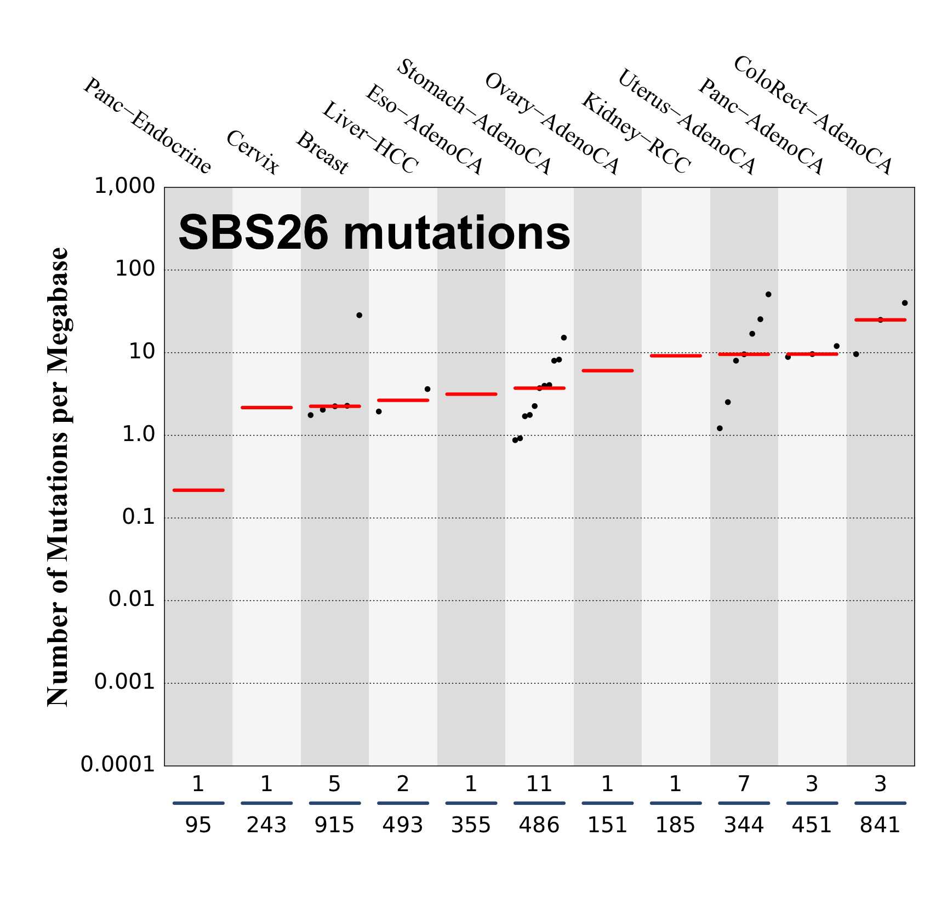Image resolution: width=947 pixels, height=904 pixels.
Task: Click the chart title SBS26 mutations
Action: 374,233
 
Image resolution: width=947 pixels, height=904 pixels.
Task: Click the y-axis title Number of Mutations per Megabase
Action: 58,477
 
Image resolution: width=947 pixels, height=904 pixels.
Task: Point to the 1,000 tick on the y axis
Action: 125,186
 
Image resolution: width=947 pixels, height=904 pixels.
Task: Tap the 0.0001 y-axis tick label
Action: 118,764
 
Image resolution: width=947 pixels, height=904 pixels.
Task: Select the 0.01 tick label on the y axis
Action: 132,599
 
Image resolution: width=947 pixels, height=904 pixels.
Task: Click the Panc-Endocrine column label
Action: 147,126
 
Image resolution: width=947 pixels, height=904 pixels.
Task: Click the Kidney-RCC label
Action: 636,133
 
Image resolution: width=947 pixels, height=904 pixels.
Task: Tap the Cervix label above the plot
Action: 253,152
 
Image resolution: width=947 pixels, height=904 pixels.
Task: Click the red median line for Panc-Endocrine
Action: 198,490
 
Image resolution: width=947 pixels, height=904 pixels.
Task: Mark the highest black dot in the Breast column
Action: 359,315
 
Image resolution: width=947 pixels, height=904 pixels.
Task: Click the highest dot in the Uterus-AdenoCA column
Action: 768,294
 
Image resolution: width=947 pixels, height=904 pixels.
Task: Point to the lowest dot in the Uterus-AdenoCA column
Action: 720,428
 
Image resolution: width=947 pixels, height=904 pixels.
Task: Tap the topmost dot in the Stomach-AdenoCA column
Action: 563,337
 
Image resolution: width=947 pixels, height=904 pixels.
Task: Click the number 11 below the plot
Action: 539,785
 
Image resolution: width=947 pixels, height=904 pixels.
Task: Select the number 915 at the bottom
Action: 334,825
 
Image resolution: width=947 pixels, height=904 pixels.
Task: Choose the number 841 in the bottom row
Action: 880,825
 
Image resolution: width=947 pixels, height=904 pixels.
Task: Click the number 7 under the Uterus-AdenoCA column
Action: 744,785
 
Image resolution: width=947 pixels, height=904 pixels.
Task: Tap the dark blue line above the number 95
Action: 198,803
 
